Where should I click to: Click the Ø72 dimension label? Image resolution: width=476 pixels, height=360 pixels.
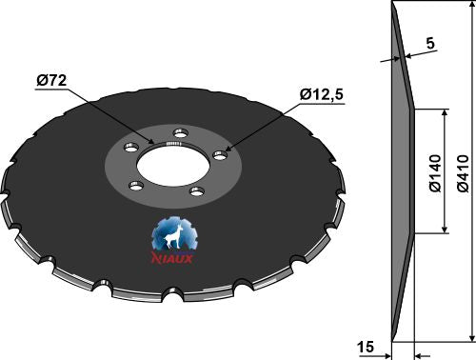pos(51,81)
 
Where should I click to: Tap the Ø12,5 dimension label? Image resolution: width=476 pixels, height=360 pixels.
pos(322,94)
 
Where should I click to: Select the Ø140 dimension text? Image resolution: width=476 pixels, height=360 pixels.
pos(435,173)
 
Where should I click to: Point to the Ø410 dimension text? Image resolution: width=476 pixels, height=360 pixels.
pos(464,173)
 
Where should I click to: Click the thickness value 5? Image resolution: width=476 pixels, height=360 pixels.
pos(430,43)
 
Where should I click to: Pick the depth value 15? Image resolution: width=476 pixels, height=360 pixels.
pos(366,347)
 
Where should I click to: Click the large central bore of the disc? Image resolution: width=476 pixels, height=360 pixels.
pos(173,165)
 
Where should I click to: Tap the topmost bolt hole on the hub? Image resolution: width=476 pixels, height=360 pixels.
pos(181,133)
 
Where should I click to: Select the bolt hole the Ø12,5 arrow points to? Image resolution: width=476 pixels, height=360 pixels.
pos(220,155)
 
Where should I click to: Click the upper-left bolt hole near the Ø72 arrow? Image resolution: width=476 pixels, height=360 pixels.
pos(131,148)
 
